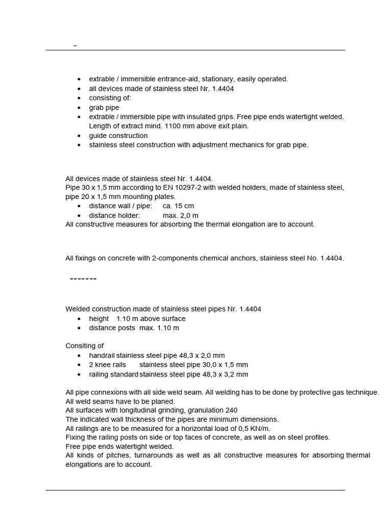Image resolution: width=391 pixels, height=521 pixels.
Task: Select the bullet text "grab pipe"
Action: click(104, 107)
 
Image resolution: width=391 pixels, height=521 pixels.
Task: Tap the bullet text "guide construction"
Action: click(118, 135)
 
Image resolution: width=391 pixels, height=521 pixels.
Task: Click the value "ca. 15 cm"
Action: click(178, 206)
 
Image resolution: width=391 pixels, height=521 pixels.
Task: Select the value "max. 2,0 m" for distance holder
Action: click(181, 215)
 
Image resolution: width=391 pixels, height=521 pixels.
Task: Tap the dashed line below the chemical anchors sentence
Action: click(82, 279)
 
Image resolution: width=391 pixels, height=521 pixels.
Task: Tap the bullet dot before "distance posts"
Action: click(79, 328)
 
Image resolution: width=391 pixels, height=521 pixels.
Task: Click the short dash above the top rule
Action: click(75, 46)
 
